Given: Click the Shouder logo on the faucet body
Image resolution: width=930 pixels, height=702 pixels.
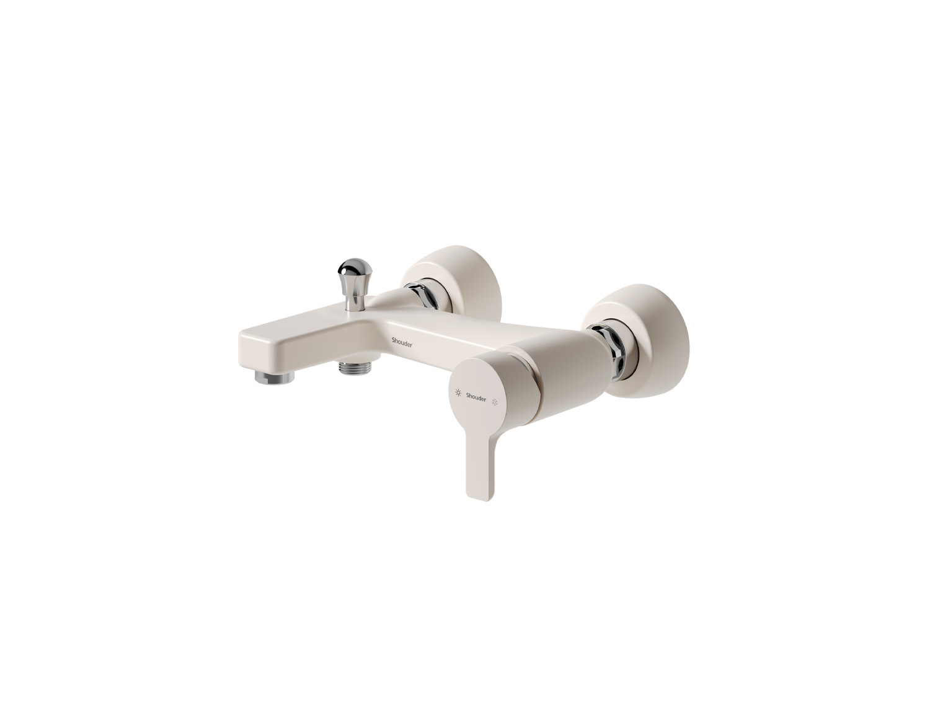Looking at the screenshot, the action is [402, 344].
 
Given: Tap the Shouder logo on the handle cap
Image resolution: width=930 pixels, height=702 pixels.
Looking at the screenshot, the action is [476, 396].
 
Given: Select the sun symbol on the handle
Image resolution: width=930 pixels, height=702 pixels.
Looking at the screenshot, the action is [458, 393].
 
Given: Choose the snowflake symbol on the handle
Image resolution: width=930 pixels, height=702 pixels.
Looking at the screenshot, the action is [494, 403].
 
